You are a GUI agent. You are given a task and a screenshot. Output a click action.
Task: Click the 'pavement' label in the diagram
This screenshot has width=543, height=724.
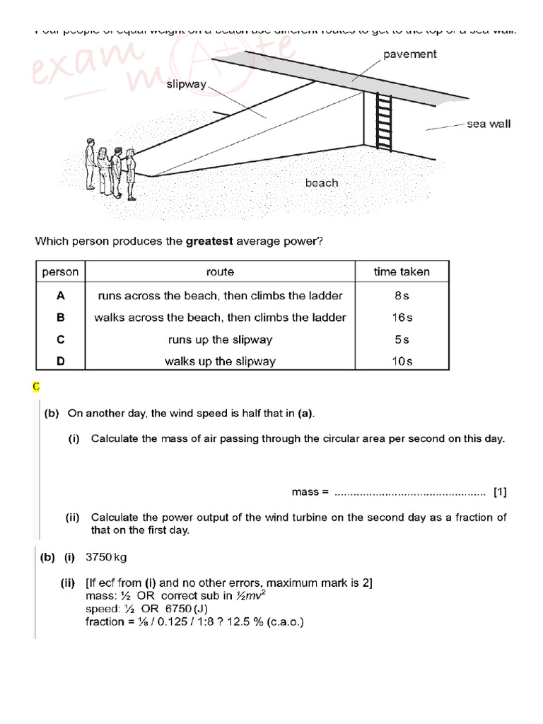(410, 54)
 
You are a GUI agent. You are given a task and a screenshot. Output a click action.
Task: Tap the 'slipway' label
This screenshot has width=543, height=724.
(186, 85)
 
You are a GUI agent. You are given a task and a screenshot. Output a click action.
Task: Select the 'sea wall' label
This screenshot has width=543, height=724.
(489, 124)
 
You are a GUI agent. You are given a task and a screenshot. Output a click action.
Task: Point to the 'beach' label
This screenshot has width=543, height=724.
(322, 182)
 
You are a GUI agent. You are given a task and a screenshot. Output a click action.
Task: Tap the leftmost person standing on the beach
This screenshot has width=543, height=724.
(90, 163)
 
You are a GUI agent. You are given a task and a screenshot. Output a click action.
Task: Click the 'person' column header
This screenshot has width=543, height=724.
(60, 271)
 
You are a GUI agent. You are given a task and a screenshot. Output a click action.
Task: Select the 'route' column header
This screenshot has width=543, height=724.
(220, 271)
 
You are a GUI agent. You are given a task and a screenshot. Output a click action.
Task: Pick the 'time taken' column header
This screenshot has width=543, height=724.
(401, 271)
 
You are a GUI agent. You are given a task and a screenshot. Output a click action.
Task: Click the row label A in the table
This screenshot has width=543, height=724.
(60, 296)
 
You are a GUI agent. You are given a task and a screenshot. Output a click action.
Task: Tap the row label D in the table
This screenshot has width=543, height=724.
(60, 361)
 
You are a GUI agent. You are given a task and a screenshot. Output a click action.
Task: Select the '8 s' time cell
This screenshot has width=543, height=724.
(401, 296)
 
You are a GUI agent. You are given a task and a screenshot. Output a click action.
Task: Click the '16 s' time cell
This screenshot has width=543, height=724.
(401, 317)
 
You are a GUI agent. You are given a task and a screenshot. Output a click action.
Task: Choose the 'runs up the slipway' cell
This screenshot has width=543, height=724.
(220, 339)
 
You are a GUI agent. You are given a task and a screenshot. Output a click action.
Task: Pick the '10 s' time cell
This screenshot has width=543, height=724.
(401, 361)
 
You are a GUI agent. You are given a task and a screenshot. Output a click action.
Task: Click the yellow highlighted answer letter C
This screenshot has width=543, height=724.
(36, 386)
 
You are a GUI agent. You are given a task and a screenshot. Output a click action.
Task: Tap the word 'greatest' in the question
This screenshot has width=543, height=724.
(209, 241)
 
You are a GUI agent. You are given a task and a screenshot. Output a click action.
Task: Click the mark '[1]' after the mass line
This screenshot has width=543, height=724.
(500, 491)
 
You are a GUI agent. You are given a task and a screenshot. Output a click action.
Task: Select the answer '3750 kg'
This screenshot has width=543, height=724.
(106, 557)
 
